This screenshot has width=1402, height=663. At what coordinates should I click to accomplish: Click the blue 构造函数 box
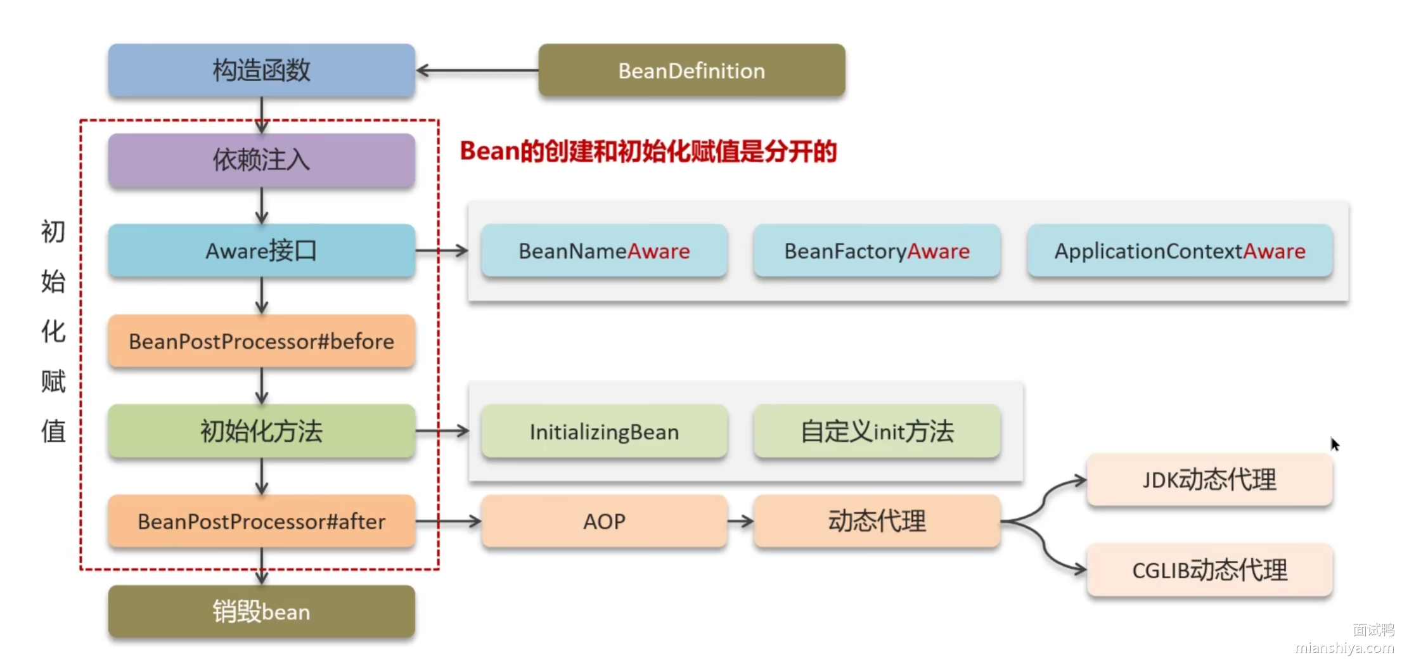click(x=261, y=70)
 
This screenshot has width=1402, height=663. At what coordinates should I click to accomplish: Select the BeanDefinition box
click(x=691, y=70)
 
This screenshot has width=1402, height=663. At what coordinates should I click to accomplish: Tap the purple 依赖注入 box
click(x=261, y=160)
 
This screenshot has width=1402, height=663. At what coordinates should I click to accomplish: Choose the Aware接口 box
click(x=261, y=251)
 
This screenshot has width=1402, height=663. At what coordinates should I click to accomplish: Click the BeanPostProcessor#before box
click(x=261, y=342)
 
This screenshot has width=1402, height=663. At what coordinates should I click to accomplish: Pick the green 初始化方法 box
click(x=261, y=432)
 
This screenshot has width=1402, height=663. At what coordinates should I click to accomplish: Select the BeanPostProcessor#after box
click(x=261, y=522)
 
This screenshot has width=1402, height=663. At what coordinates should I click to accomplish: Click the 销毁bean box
click(x=261, y=612)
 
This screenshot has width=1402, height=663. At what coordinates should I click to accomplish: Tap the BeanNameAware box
click(x=604, y=251)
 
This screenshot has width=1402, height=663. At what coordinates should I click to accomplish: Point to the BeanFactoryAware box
click(x=877, y=251)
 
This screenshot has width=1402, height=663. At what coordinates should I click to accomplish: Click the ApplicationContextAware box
click(x=1180, y=251)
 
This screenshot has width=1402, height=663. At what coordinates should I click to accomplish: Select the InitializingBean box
click(x=604, y=432)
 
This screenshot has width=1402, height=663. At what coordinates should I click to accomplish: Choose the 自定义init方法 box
click(x=877, y=432)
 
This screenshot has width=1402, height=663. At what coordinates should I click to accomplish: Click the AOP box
click(x=604, y=522)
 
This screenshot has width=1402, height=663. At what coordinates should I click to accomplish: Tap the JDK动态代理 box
click(x=1209, y=480)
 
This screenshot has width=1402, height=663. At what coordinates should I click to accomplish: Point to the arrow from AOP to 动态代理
click(x=740, y=522)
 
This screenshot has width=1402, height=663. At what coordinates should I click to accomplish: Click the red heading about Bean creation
click(x=648, y=151)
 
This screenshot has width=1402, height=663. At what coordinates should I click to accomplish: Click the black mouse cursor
click(x=1334, y=444)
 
